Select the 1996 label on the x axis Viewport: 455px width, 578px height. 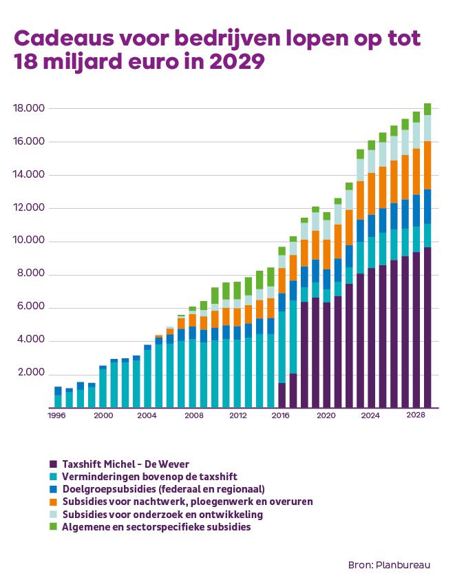point(58,416)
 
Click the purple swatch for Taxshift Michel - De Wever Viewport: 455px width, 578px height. point(54,464)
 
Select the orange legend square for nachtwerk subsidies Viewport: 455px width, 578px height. point(54,502)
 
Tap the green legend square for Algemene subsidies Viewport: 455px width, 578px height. point(54,527)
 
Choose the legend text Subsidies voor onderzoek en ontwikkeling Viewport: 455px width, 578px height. point(162,515)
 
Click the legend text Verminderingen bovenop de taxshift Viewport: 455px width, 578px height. point(148,477)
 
